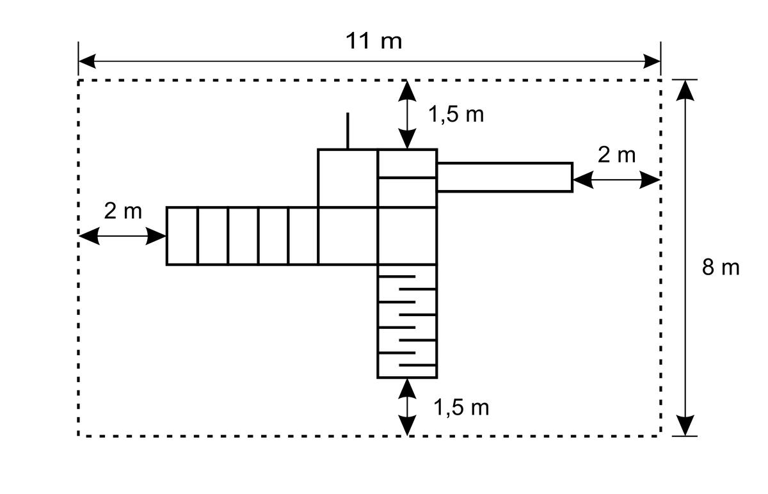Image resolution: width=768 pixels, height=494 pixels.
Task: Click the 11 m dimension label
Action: [374, 42]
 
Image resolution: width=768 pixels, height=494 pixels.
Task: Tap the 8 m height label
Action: [721, 267]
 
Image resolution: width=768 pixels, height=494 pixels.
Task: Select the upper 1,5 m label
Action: [456, 114]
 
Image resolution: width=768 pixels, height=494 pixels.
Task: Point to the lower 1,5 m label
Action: [461, 408]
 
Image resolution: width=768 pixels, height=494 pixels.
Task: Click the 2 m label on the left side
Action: [123, 211]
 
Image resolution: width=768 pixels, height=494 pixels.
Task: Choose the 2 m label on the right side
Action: [616, 155]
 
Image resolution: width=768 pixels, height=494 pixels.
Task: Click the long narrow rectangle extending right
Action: [505, 177]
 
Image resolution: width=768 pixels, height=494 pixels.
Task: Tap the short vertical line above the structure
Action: [348, 131]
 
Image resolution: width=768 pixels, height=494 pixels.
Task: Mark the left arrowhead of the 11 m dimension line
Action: [87, 61]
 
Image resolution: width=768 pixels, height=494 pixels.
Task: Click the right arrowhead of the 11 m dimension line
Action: [652, 61]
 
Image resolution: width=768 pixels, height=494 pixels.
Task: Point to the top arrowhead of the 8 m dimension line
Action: [685, 90]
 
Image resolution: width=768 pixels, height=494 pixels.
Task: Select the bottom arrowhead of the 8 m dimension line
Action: [685, 426]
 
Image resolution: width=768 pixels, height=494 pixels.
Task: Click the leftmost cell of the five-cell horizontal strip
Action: [182, 236]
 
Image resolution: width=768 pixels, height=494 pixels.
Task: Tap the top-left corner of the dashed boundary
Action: [79, 80]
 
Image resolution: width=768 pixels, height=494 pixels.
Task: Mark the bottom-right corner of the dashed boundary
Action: [660, 436]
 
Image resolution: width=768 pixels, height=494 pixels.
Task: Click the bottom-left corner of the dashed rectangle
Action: [79, 436]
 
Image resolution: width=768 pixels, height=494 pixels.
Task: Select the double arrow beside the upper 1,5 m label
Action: [407, 115]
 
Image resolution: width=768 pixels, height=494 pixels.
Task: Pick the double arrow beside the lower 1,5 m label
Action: [407, 407]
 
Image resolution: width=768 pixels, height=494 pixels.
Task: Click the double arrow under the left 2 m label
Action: [122, 236]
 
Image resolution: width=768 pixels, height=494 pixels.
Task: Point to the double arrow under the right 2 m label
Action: [616, 180]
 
